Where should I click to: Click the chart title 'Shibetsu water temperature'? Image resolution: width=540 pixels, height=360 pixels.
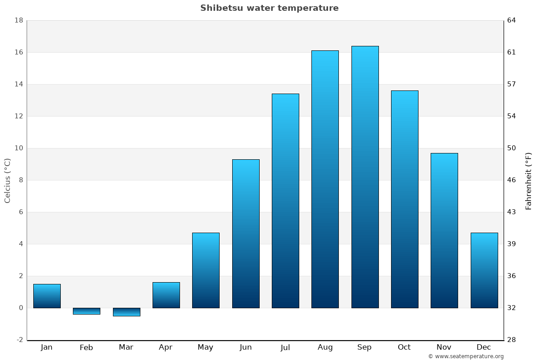(x=269, y=8)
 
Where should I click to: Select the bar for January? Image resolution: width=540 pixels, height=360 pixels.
(x=47, y=296)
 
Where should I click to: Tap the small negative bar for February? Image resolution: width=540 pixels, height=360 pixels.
(x=86, y=311)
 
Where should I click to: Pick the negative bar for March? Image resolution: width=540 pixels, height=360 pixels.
(x=126, y=312)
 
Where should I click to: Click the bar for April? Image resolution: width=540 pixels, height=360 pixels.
(x=166, y=295)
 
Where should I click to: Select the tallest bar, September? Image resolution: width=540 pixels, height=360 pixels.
(x=365, y=177)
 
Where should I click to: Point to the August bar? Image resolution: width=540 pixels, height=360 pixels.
(x=325, y=179)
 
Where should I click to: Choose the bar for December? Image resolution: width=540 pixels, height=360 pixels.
(x=484, y=270)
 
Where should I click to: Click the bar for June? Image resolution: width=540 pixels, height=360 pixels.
(x=246, y=234)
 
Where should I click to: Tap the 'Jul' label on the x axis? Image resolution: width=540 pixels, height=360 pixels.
(x=285, y=347)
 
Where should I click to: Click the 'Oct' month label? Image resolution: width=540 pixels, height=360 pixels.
(x=404, y=347)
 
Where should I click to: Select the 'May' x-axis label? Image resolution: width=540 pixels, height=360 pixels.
(x=205, y=347)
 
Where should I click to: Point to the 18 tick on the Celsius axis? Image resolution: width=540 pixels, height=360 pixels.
(x=18, y=20)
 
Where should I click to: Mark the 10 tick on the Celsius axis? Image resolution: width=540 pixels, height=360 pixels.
(x=18, y=148)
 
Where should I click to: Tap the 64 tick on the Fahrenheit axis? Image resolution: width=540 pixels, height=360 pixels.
(x=512, y=20)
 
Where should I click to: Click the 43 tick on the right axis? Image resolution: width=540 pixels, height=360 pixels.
(x=512, y=212)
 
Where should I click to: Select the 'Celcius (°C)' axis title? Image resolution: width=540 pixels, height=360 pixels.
(x=8, y=180)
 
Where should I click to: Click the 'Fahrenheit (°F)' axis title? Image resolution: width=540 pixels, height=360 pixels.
(x=528, y=180)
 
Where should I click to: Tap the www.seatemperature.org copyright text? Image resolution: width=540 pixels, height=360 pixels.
(x=466, y=356)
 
